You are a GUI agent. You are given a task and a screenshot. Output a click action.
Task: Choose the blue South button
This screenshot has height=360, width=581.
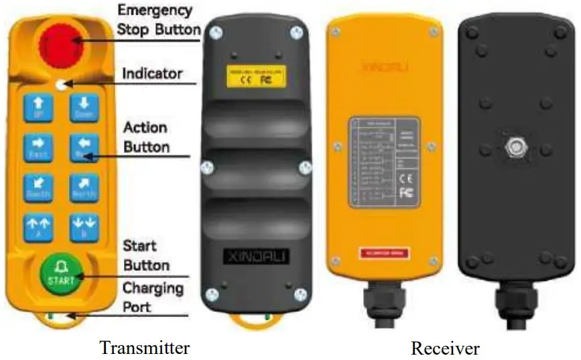click(x=38, y=188)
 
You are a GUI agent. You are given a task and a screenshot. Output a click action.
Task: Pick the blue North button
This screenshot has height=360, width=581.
click(x=84, y=188)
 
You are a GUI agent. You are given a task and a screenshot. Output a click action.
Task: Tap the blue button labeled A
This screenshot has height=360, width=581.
click(x=38, y=228)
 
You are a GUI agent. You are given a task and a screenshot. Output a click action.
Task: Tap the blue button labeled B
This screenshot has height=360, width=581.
click(x=84, y=228)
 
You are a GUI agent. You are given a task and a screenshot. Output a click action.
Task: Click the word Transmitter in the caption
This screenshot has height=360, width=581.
click(x=144, y=348)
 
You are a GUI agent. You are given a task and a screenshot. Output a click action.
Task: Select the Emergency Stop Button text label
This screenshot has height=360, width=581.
click(x=158, y=20)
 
